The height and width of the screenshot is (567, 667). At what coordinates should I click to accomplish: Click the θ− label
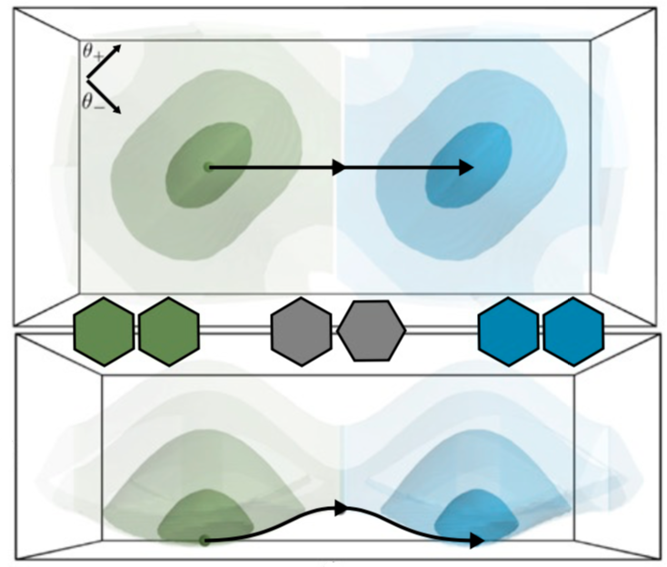click(x=92, y=102)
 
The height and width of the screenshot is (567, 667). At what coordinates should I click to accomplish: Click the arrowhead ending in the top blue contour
click(x=466, y=167)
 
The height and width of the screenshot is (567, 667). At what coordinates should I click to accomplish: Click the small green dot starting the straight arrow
click(x=208, y=166)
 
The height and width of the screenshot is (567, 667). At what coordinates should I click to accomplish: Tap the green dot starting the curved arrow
click(x=205, y=541)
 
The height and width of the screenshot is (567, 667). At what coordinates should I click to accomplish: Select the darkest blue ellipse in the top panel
click(x=473, y=150)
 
